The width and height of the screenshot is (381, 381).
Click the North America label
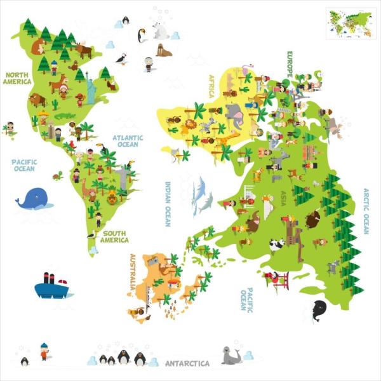click(17, 77)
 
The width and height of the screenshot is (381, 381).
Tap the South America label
click(115, 236)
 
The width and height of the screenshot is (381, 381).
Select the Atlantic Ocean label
click(128, 140)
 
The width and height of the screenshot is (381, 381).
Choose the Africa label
click(212, 86)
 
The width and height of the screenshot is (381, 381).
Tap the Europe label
click(289, 65)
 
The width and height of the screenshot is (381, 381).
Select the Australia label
click(132, 271)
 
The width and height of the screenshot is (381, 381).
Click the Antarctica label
click(187, 364)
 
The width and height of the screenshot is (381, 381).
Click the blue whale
click(34, 199)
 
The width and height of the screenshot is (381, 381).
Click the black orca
click(318, 311)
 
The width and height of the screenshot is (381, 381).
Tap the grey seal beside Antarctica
click(231, 356)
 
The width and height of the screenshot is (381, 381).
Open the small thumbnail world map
click(349, 23)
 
